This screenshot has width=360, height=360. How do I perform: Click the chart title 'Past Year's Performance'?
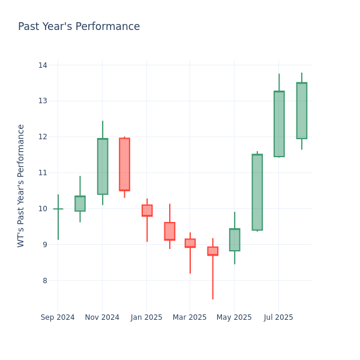pyautogui.click(x=79, y=27)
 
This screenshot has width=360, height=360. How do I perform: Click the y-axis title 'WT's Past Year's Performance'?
pyautogui.click(x=21, y=185)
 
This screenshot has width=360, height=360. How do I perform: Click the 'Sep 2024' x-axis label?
pyautogui.click(x=58, y=317)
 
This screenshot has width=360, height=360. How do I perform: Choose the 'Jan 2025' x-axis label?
pyautogui.click(x=146, y=317)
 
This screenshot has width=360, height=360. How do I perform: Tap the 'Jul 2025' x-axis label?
pyautogui.click(x=278, y=317)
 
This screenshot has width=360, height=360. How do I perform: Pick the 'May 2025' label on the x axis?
pyautogui.click(x=234, y=317)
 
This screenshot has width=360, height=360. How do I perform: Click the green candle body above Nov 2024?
pyautogui.click(x=103, y=166)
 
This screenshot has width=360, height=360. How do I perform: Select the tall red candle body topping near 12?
pyautogui.click(x=124, y=164)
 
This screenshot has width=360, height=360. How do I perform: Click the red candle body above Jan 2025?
pyautogui.click(x=147, y=211)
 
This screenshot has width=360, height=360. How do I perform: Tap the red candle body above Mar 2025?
pyautogui.click(x=190, y=243)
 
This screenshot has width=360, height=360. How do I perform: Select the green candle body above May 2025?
pyautogui.click(x=235, y=240)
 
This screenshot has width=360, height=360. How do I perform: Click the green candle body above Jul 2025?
pyautogui.click(x=279, y=124)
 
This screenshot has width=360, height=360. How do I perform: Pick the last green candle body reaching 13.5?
pyautogui.click(x=301, y=111)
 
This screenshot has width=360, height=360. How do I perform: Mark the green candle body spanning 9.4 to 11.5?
pyautogui.click(x=257, y=192)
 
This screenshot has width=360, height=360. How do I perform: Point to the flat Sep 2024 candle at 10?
pyautogui.click(x=58, y=209)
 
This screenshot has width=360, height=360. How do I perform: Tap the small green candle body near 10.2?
pyautogui.click(x=80, y=203)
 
